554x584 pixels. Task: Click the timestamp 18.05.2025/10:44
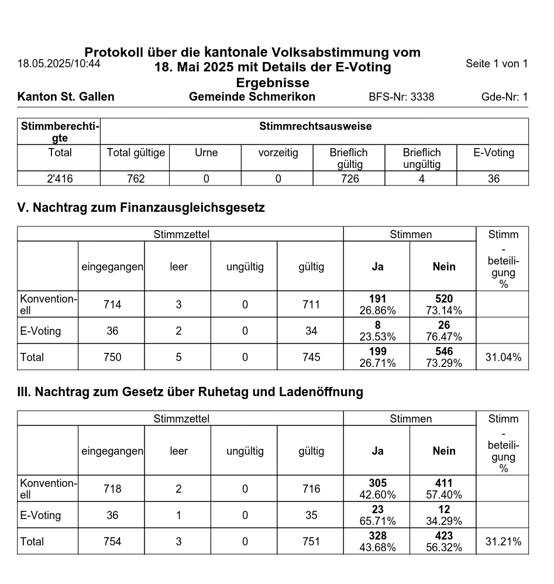59,63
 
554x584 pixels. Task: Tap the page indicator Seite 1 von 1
497,63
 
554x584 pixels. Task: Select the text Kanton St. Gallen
66,97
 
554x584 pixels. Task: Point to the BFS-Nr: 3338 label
401,97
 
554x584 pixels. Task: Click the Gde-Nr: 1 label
504,97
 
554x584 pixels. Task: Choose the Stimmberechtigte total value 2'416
60,179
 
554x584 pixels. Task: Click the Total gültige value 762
136,179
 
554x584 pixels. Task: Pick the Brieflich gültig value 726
350,179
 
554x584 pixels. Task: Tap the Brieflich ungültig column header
421,158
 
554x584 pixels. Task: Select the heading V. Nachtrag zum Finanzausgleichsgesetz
141,207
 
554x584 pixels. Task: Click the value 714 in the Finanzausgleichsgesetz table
112,304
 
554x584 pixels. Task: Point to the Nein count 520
444,299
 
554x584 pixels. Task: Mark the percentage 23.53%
377,336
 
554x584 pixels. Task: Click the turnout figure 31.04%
503,357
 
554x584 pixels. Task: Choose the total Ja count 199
377,352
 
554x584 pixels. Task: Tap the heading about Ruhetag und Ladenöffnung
190,391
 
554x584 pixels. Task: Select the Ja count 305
377,483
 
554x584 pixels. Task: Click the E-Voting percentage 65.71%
377,521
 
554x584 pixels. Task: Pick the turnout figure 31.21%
503,541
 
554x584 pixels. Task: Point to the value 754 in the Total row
112,541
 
